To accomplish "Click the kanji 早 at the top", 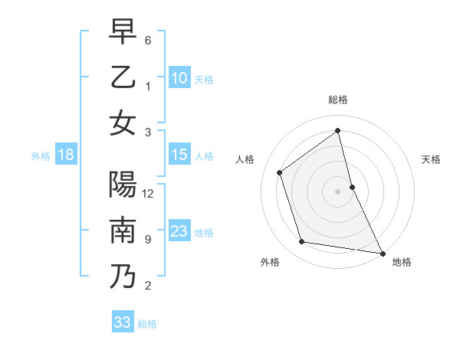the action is pos(123,31).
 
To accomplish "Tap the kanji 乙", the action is pos(123,77).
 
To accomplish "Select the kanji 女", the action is pos(123,123).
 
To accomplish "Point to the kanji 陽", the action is pos(123,185).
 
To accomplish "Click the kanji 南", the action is pos(123,231).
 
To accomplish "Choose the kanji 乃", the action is pos(123,277).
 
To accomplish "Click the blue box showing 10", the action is pos(179,77).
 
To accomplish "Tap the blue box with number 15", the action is pos(179,155).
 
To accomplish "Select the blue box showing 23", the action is pos(179,231).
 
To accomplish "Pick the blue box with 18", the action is pos(66,155).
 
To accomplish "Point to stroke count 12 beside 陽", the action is pos(149,194).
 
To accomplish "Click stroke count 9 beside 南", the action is pos(148,240).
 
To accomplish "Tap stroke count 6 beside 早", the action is pos(148,40).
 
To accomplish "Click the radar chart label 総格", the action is pos(338,100).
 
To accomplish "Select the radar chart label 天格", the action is pos(431,159).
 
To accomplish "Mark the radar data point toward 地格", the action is pos(382,252).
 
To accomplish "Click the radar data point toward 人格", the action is pos(280,172).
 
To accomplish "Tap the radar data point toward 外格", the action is pos(302,242).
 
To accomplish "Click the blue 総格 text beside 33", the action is pos(147,324).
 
